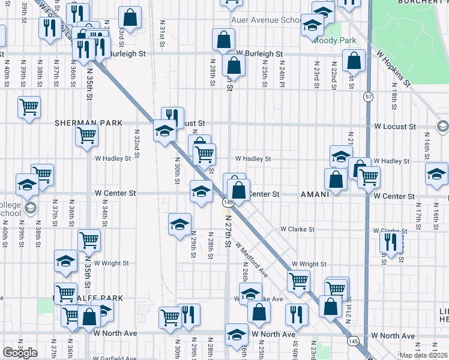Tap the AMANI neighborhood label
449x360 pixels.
click(315, 194)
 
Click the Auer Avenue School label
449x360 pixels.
click(267, 20)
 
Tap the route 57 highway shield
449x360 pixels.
click(366, 96)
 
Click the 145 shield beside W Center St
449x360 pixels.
click(228, 203)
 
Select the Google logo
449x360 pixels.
click(20, 353)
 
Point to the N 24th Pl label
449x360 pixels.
click(281, 74)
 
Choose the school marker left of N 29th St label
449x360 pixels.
click(179, 224)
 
